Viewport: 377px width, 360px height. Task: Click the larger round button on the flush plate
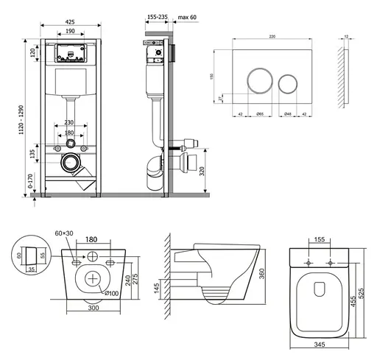click(x=258, y=79)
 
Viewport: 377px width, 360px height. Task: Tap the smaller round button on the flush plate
click(x=289, y=80)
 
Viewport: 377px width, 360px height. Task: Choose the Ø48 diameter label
click(x=290, y=114)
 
